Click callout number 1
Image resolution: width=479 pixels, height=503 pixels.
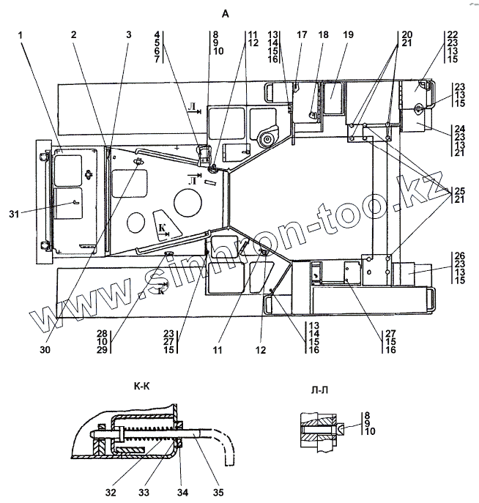coord(21,35)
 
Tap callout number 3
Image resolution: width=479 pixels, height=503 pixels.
coord(128,35)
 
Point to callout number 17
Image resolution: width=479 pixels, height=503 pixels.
coord(302,35)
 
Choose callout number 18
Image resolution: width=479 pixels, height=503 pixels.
coord(323,35)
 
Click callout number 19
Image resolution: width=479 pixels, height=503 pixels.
coord(347,35)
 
